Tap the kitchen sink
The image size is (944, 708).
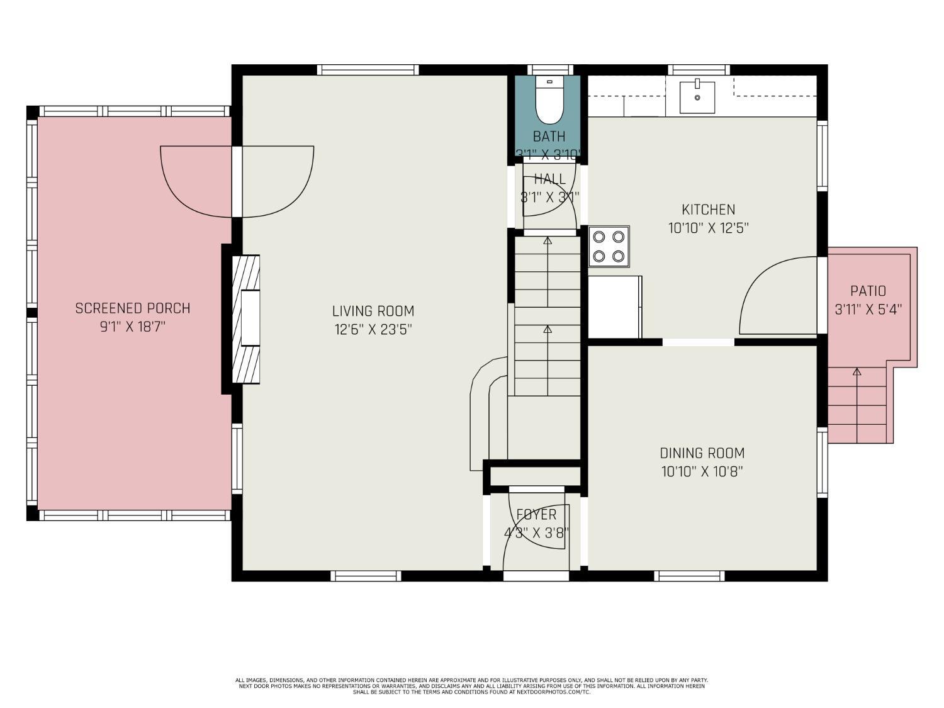(697, 97)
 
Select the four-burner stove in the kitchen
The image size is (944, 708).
(609, 246)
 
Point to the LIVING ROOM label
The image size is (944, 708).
(373, 311)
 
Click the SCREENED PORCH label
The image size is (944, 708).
(132, 308)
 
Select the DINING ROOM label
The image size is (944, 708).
(702, 453)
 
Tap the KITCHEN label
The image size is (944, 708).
(708, 210)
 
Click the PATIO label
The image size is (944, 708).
(868, 291)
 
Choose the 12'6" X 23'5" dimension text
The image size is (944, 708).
(373, 329)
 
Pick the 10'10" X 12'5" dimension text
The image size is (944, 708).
(708, 228)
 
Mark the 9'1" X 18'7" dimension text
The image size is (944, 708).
(132, 327)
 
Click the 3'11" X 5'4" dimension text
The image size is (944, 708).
(868, 309)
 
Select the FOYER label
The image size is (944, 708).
(536, 515)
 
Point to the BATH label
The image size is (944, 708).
(549, 136)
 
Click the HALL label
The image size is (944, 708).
(549, 179)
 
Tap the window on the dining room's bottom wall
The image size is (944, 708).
(689, 575)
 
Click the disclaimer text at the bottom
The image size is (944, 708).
(471, 686)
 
